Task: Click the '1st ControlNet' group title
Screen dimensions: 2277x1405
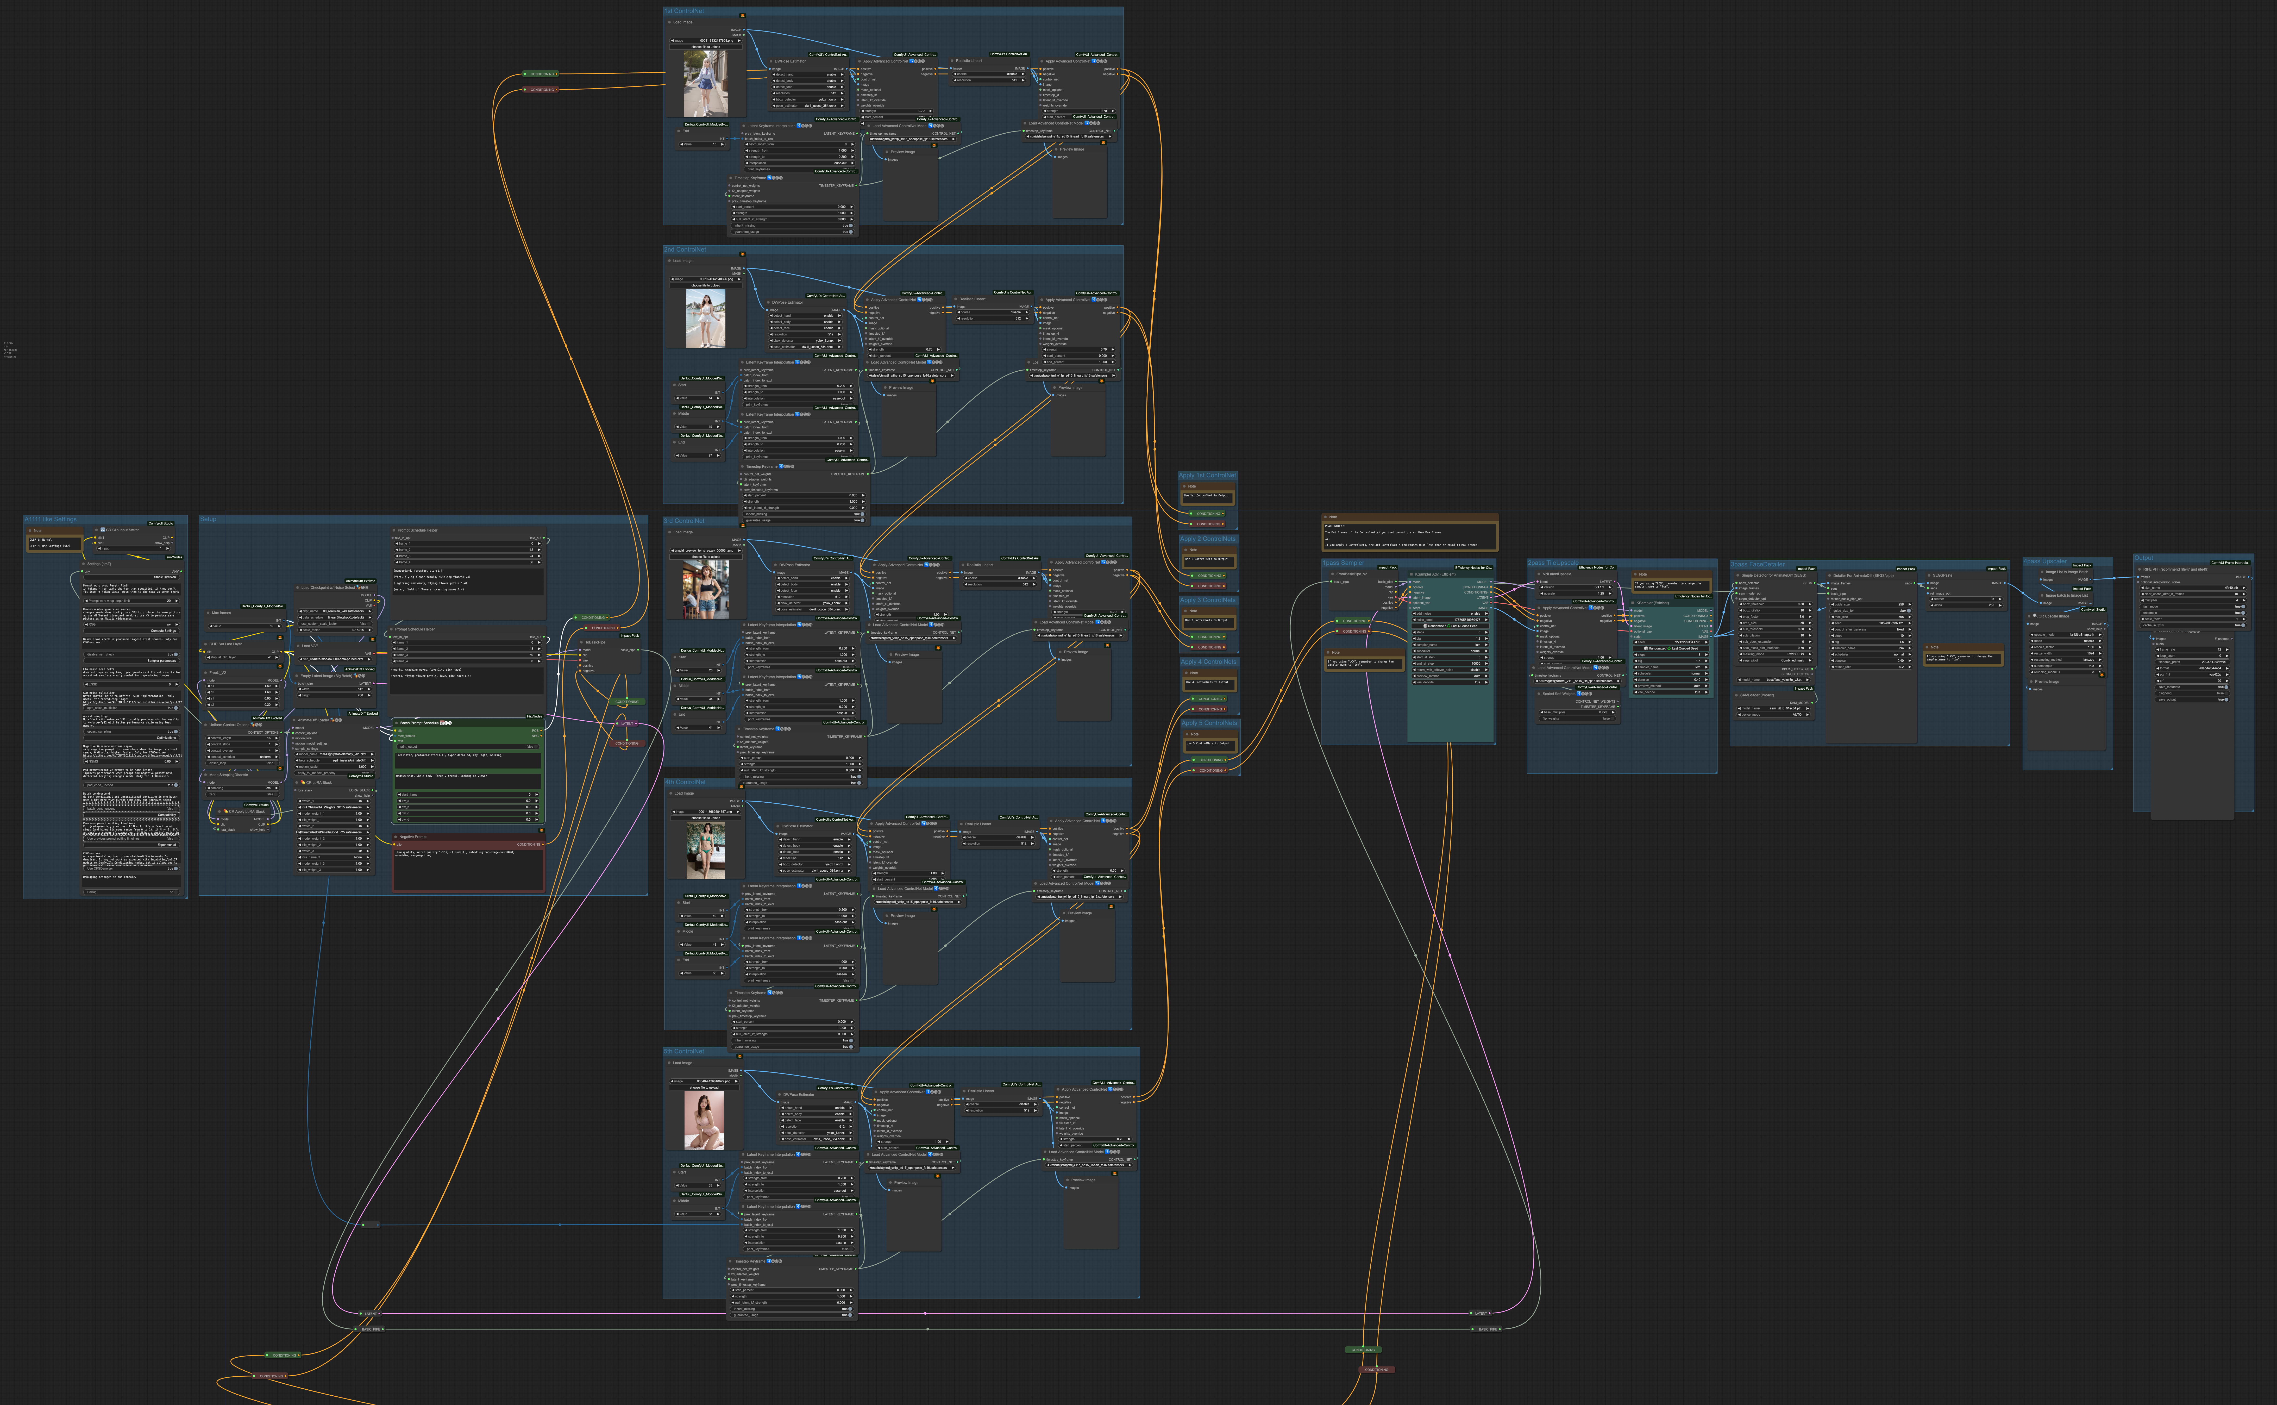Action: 684,11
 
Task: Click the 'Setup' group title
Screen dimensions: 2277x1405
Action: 208,520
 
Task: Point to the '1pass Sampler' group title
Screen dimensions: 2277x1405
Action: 1343,563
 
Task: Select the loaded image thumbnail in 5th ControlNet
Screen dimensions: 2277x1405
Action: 704,1120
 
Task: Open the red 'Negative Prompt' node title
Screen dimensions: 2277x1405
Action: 413,836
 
